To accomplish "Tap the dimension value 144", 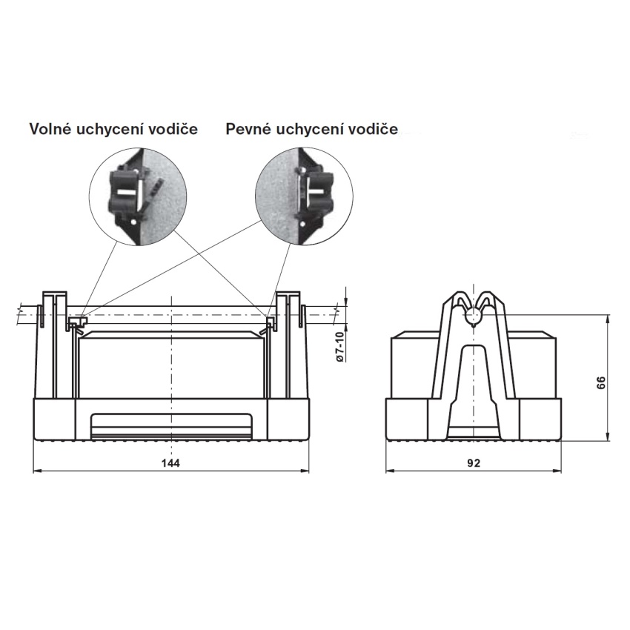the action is [x=170, y=462].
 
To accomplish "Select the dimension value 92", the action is [x=474, y=462].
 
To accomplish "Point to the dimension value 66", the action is [x=600, y=382].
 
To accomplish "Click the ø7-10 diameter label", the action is [x=340, y=347].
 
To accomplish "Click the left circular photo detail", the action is [x=138, y=197].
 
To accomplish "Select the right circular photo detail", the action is [x=304, y=197].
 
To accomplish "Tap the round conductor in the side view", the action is [x=474, y=316].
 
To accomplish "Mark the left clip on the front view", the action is [x=77, y=325].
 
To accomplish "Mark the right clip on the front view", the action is [x=268, y=325].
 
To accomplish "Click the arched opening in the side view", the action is [x=474, y=392].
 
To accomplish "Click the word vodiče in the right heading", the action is [x=373, y=130].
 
